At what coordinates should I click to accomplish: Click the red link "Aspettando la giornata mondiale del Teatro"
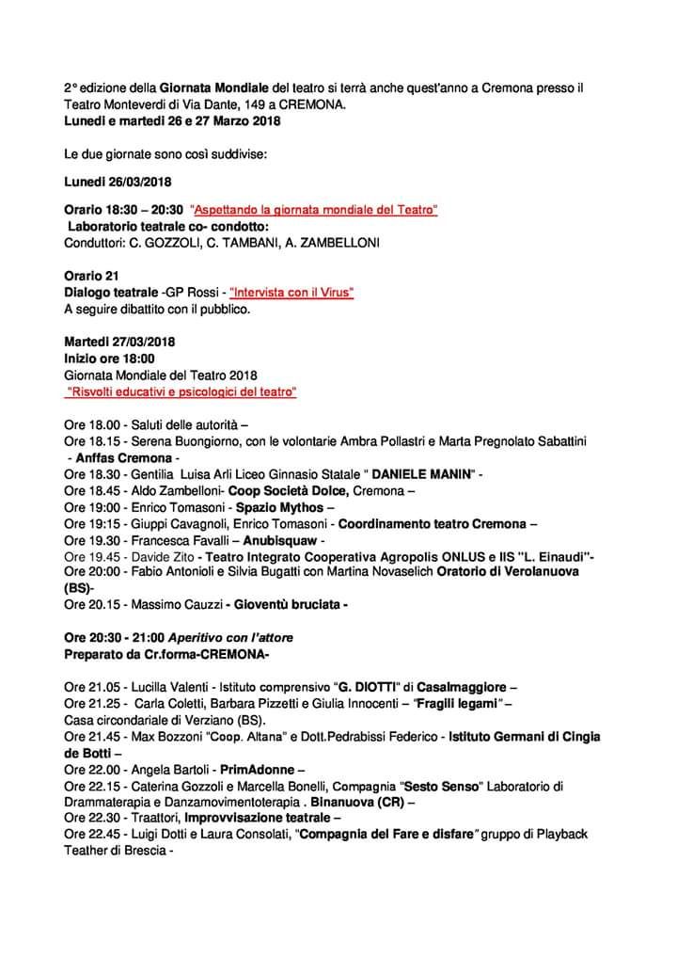click(314, 211)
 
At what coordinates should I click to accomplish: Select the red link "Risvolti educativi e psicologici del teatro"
click(181, 391)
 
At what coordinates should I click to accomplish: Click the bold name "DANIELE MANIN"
click(421, 474)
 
